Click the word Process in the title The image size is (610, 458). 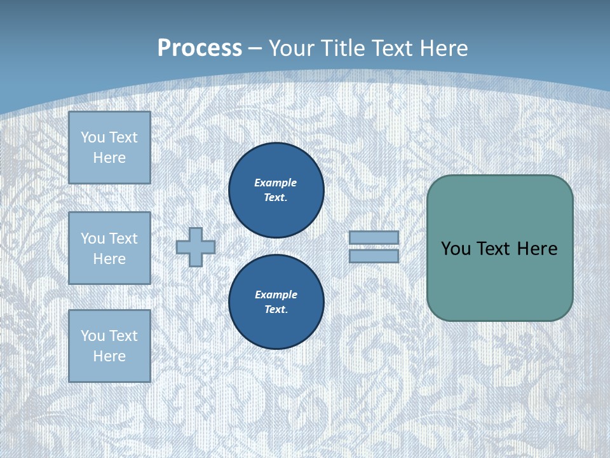point(200,48)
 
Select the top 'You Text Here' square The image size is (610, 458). point(109,148)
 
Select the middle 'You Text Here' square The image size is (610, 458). point(109,248)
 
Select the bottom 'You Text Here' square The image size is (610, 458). point(109,346)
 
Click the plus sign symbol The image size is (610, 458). point(196,247)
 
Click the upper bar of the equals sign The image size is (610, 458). point(374,237)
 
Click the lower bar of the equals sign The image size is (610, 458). point(374,256)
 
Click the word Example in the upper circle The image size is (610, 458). point(276,183)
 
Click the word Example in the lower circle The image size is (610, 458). point(276,295)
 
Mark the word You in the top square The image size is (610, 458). point(93,137)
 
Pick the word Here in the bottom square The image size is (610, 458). point(109,356)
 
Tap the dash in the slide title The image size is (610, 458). point(255,48)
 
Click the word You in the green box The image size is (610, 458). point(456,249)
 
